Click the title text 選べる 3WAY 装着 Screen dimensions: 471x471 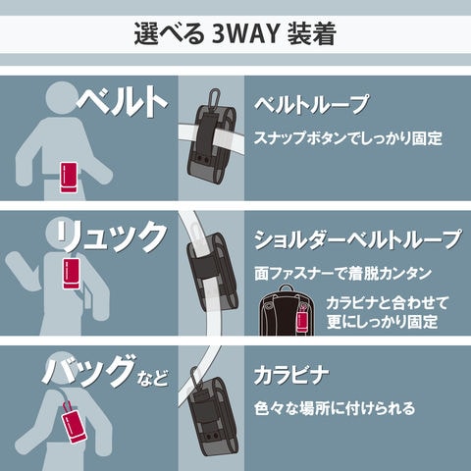coord(235,34)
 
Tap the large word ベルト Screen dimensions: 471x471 coord(122,100)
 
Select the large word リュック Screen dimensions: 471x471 coord(111,236)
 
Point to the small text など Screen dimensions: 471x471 coord(153,378)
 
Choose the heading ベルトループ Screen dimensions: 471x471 coord(311,104)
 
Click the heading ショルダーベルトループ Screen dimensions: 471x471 coord(358,239)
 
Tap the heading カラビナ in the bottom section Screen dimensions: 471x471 coord(291,375)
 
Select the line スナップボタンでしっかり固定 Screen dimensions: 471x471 coord(348,138)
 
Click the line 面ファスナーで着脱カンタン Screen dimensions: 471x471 coord(342,274)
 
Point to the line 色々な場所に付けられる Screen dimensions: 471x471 coord(335,408)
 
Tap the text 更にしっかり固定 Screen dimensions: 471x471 coord(382,321)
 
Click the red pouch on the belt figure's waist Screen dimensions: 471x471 coord(69,178)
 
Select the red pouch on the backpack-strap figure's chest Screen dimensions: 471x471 coord(72,274)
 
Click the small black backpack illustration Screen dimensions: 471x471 coord(287,311)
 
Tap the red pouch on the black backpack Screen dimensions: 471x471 coord(303,321)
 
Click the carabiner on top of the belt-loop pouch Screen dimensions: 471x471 coord(215,97)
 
